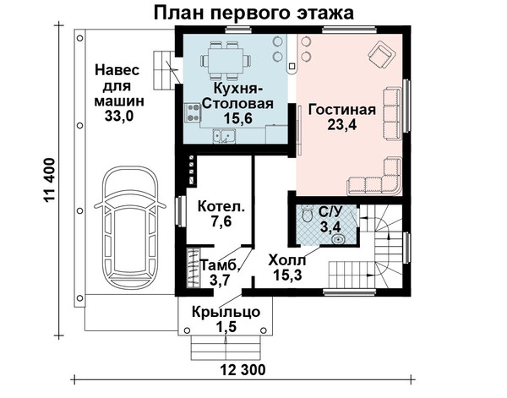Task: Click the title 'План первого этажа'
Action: tap(253, 13)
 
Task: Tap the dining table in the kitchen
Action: tap(226, 62)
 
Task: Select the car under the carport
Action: tap(130, 228)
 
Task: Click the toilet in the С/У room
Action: tap(306, 214)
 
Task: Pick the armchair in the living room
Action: tap(382, 56)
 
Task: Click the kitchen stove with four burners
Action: tap(193, 113)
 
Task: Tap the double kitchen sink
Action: tap(224, 136)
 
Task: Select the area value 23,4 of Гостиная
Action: tap(341, 124)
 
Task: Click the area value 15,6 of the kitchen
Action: tap(238, 118)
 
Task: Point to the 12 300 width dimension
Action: tap(243, 369)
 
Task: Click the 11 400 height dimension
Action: tap(50, 181)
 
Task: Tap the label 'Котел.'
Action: tap(221, 206)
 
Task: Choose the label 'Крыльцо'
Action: tap(226, 313)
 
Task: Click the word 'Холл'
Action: tap(286, 259)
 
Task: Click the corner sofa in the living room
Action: tap(375, 177)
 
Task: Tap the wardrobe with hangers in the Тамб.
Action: tap(194, 268)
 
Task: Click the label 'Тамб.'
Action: tap(220, 266)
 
